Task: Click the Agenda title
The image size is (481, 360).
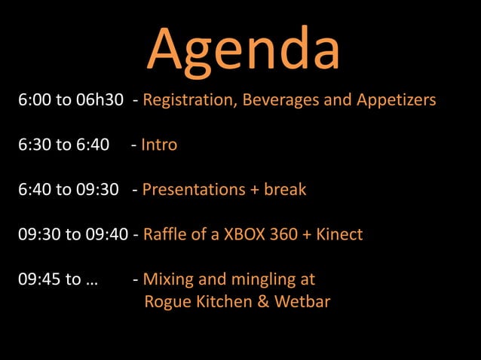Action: click(243, 49)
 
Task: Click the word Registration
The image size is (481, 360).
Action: click(188, 100)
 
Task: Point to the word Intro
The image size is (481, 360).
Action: click(159, 145)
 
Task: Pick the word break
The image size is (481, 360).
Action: click(285, 190)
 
